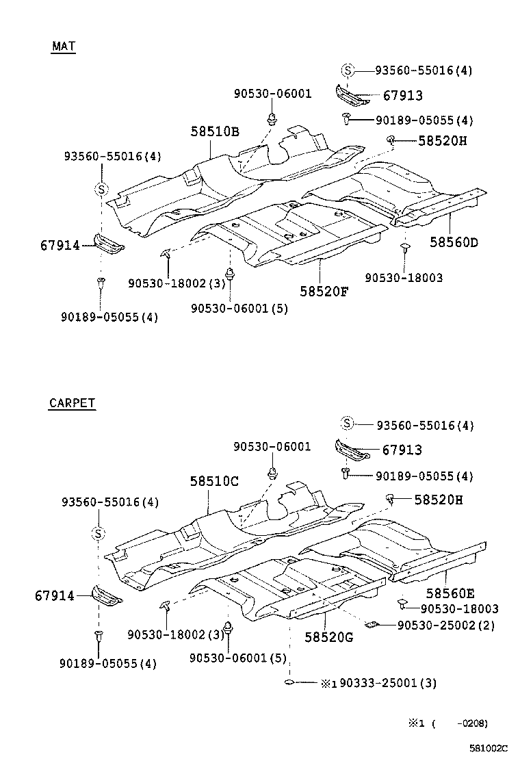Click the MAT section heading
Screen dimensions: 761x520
[x=63, y=47]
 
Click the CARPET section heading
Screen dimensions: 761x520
[x=72, y=403]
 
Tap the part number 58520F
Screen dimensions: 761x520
[x=324, y=291]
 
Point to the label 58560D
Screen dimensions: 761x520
[x=454, y=242]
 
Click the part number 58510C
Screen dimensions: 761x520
[x=214, y=481]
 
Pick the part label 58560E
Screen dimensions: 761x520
[x=450, y=593]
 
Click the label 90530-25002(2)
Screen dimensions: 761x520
[x=445, y=625]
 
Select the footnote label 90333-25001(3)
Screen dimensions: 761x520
[x=387, y=682]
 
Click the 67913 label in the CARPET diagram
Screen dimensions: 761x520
[x=402, y=450]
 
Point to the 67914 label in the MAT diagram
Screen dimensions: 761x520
[x=60, y=245]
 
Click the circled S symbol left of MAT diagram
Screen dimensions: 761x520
[x=101, y=189]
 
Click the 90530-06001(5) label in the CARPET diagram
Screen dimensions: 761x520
[x=239, y=657]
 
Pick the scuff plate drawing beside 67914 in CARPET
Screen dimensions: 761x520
[x=106, y=596]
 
